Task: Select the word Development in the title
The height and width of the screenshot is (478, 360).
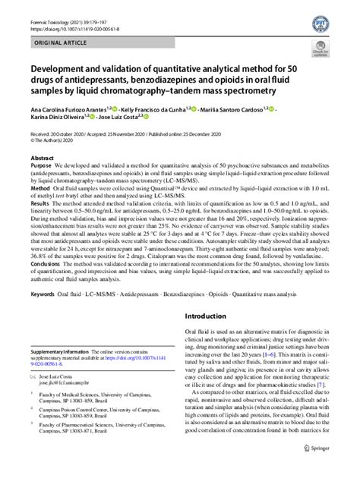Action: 60,69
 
